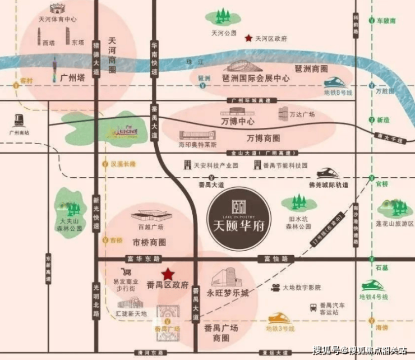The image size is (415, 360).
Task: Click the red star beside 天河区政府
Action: pyautogui.click(x=248, y=38)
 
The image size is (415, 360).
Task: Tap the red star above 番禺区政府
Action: pyautogui.click(x=167, y=274)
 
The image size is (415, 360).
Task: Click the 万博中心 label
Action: pyautogui.click(x=238, y=121)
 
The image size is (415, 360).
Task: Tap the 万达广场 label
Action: pyautogui.click(x=302, y=114)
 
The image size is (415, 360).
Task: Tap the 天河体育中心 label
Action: pyautogui.click(x=57, y=19)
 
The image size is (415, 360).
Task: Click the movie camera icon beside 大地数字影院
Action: pyautogui.click(x=275, y=288)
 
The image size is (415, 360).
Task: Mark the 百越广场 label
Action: pyautogui.click(x=151, y=227)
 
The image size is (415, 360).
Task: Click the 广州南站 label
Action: pyautogui.click(x=19, y=133)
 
